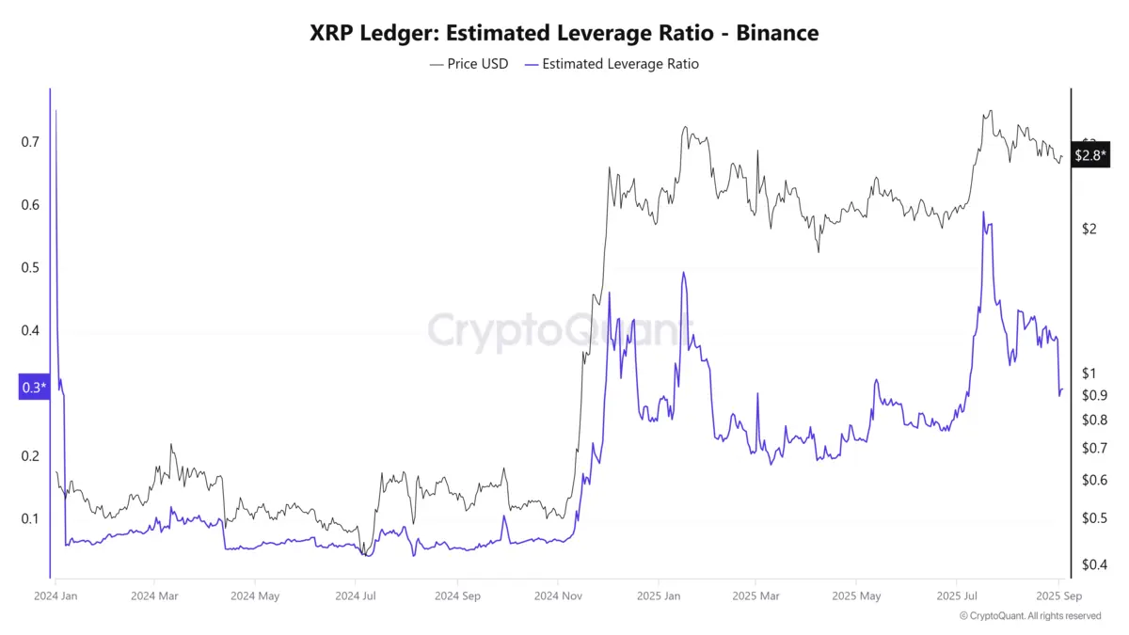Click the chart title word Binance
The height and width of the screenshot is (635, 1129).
pos(777,33)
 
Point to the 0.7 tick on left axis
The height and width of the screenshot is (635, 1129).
pos(29,142)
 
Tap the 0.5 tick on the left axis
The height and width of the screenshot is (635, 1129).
pos(29,267)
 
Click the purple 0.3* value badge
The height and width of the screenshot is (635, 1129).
pos(33,388)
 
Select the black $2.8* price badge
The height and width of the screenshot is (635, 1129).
pos(1090,155)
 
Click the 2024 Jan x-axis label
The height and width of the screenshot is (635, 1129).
pos(56,595)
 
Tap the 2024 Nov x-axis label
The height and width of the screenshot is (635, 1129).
pos(558,595)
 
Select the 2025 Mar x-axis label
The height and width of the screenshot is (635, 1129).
pos(756,595)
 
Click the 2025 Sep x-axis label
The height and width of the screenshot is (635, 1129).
pos(1058,595)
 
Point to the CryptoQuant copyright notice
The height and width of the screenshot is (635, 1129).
pos(1029,616)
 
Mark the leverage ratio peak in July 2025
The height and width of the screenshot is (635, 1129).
pos(983,213)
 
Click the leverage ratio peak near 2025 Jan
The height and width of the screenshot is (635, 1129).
pos(683,273)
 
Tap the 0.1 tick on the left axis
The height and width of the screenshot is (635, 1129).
pos(29,518)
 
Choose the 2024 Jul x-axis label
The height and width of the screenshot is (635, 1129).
pos(357,595)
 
